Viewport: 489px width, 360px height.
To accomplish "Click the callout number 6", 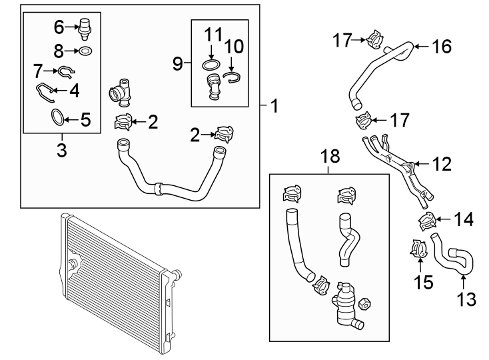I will [x=59, y=27].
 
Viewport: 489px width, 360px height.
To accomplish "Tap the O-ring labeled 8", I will [x=85, y=51].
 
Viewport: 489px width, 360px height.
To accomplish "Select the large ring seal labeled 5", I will [x=59, y=119].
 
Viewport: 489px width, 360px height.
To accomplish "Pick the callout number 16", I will [x=442, y=47].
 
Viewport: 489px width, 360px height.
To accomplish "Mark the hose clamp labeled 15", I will [x=417, y=249].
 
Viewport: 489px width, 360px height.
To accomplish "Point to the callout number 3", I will [x=61, y=150].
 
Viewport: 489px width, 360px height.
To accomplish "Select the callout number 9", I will [x=177, y=64].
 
